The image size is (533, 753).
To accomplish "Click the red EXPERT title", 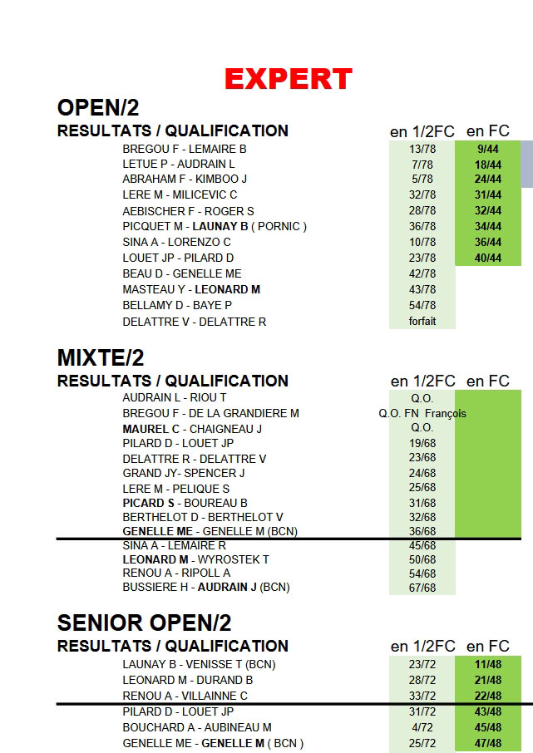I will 289,79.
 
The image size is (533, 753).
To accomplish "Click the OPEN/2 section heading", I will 97,108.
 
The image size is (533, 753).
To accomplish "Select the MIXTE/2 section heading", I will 101,358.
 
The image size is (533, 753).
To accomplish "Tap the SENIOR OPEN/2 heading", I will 144,623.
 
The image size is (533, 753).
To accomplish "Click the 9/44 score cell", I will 488,149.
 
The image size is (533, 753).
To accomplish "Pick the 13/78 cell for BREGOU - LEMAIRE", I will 422,149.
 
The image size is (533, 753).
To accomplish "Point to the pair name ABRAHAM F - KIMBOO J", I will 185,179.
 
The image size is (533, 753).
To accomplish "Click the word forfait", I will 422,322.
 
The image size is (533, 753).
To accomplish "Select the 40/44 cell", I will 488,258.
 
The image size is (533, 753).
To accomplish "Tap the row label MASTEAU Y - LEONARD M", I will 191,289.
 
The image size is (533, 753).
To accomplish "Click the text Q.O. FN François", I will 422,413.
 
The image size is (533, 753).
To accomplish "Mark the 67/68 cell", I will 422,588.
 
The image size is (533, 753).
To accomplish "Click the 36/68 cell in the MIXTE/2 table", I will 422,531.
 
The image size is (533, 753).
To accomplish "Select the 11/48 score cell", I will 488,664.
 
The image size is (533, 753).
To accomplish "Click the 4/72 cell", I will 422,727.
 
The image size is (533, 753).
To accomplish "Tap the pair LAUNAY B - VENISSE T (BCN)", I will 199,664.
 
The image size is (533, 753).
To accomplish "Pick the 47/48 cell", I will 488,743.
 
